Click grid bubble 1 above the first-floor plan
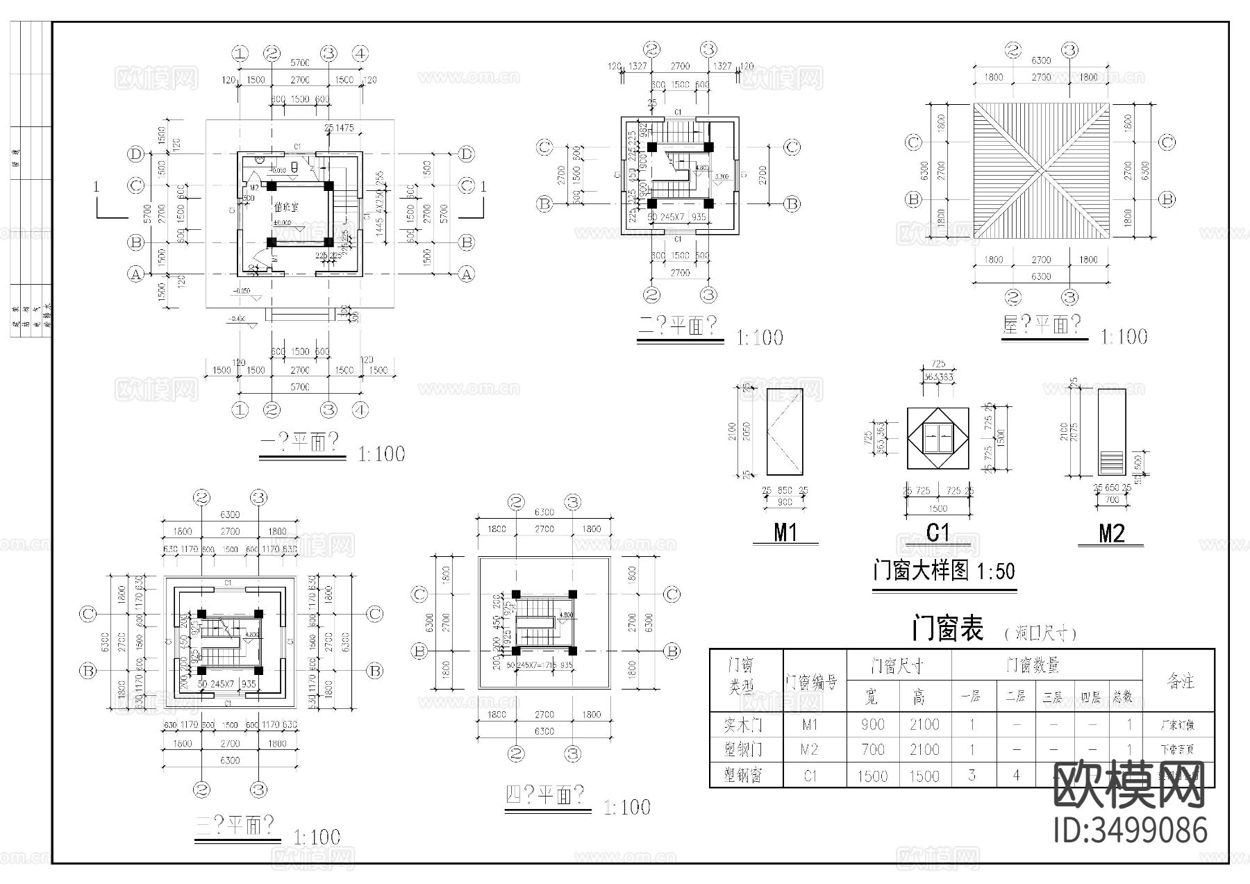240,53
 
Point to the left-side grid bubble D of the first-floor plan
136,154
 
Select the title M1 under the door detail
785,533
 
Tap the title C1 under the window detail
937,533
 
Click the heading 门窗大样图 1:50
944,572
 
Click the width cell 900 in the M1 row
872,724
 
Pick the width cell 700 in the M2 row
872,749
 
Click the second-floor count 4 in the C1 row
1016,775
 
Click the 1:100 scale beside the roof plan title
1124,337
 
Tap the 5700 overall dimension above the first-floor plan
299,63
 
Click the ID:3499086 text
1131,831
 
